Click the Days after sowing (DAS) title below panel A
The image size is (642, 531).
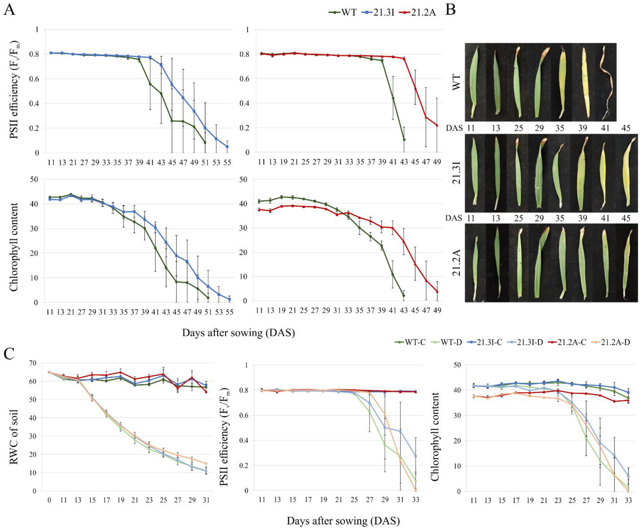pos(238,333)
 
